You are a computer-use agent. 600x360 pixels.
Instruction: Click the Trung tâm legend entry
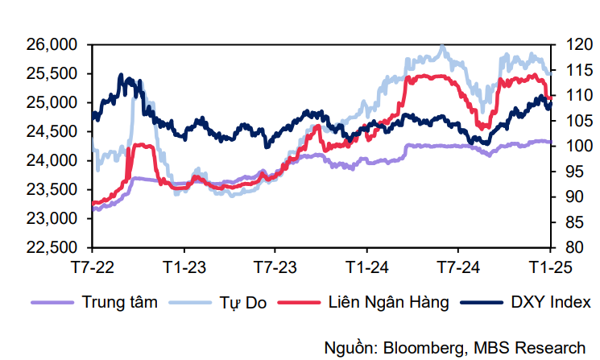119,303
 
